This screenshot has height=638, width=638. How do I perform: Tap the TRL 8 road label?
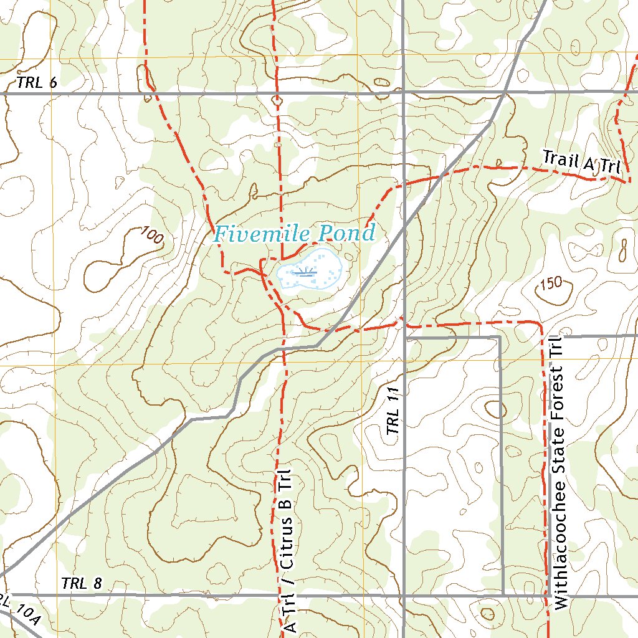pos(82,584)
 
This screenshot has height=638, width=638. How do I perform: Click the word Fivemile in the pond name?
pos(262,234)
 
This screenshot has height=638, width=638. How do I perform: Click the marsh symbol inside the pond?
pos(305,272)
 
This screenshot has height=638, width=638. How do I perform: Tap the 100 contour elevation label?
pos(152,236)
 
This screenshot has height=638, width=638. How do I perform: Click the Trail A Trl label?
pos(581,163)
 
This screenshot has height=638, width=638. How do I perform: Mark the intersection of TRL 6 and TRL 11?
pos(404,93)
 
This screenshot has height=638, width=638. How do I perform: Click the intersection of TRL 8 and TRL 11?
pos(404,594)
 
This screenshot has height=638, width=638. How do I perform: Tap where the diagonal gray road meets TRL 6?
pos(503,93)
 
